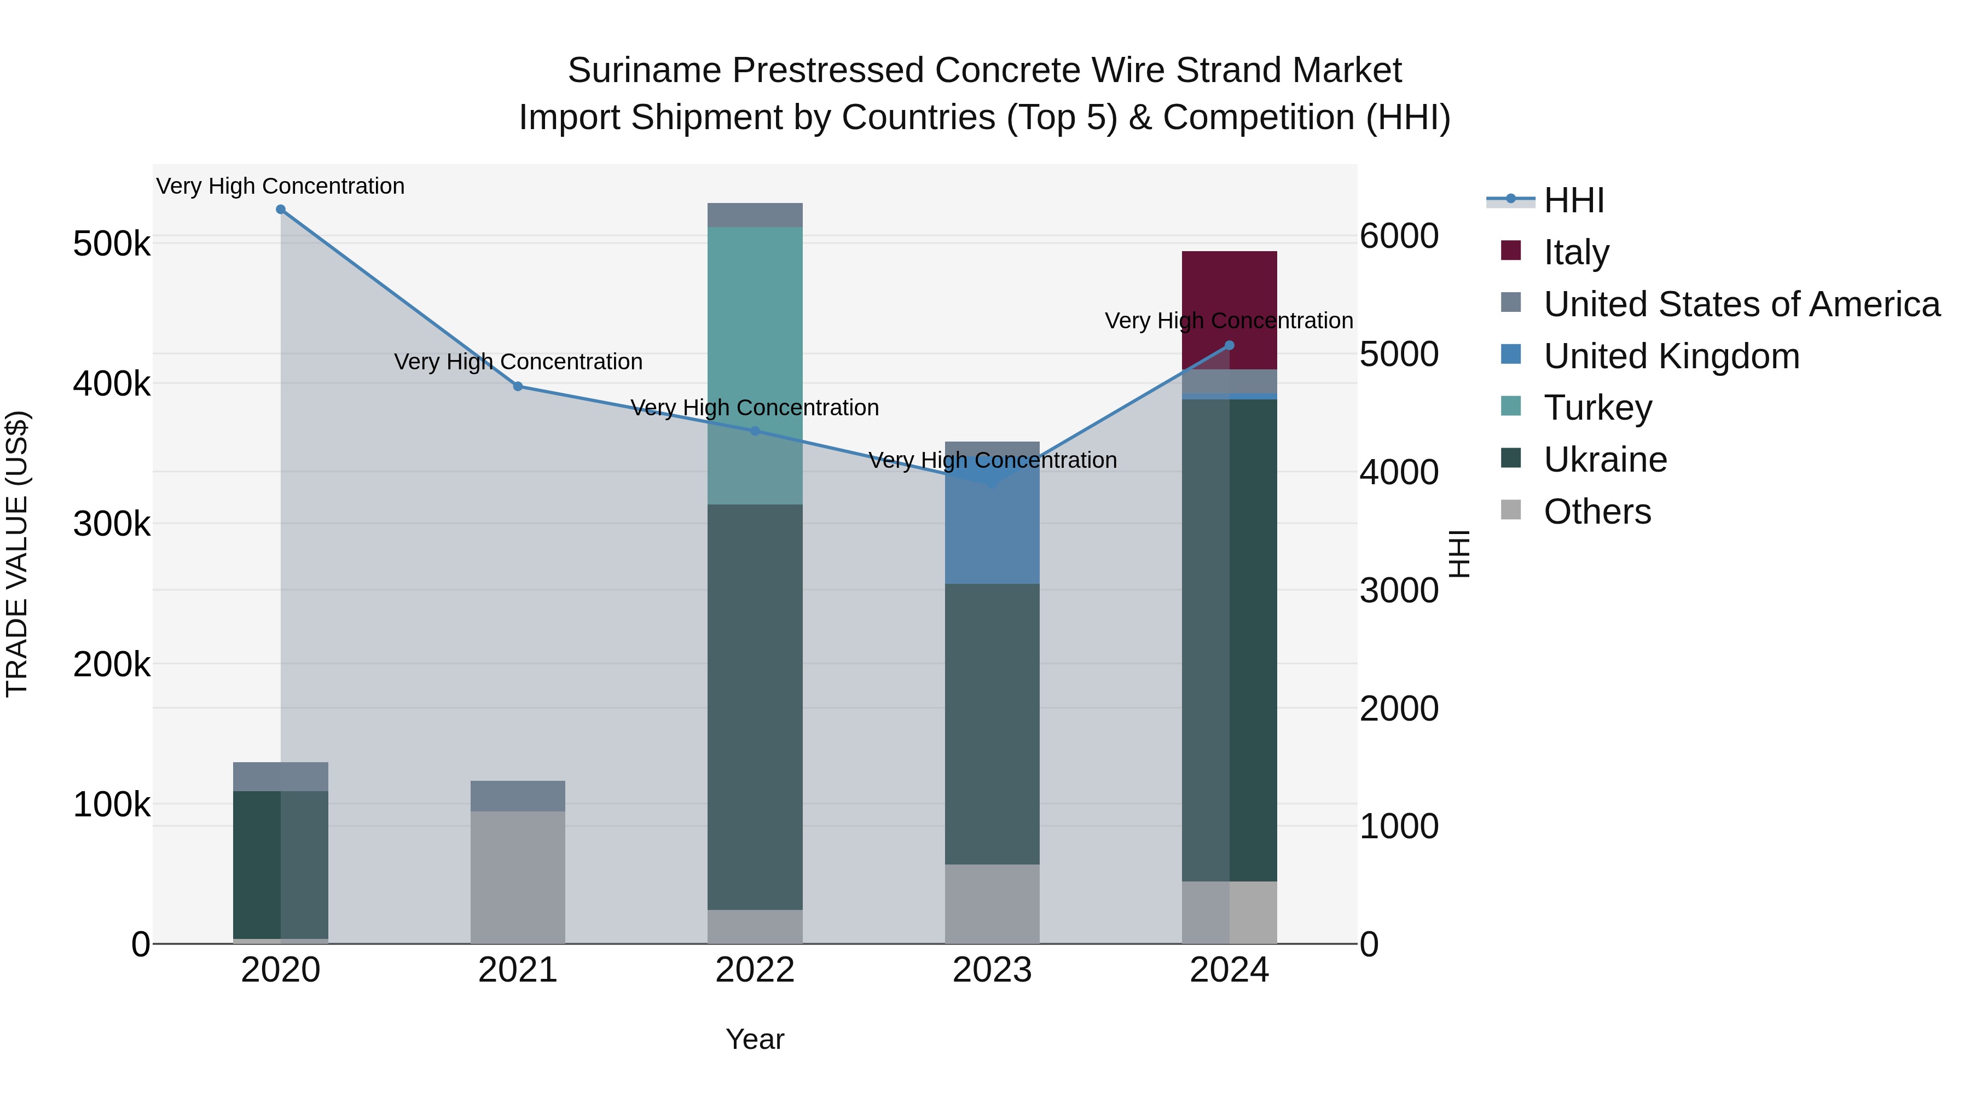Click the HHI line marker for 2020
point(281,210)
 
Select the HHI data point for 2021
point(518,387)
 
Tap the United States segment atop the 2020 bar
point(281,776)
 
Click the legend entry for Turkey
point(1597,408)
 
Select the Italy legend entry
point(1576,252)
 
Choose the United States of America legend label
point(1741,304)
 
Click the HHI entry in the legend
point(1573,200)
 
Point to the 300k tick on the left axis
point(112,525)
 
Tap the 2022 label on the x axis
point(755,970)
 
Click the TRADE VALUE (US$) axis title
point(17,554)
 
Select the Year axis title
point(755,1039)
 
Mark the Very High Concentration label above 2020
point(281,186)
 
